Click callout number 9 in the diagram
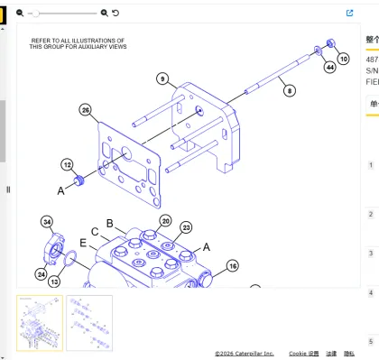coord(162,79)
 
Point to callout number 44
coord(330,67)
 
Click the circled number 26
coord(85,110)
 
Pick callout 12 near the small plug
coord(68,164)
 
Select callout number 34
coord(47,222)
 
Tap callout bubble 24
coord(42,273)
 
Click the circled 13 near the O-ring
coord(54,282)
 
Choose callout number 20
coord(165,221)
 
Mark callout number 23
coord(186,227)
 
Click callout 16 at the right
coord(232,266)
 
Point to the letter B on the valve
coord(109,223)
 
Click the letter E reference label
coord(83,243)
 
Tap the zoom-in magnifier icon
coord(105,14)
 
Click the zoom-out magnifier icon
coord(20,14)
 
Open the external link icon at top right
coord(350,14)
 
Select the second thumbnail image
coord(89,322)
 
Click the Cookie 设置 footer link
coord(303,354)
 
